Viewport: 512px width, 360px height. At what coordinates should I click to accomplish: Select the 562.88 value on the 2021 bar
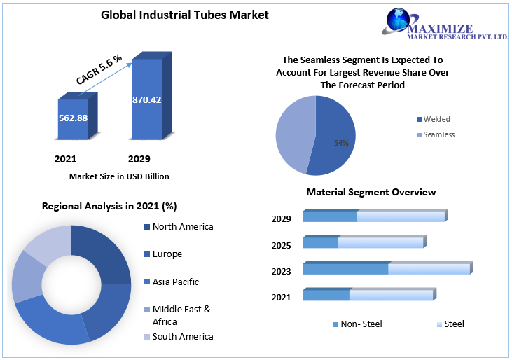[73, 118]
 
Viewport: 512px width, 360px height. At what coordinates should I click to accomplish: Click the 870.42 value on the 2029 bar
[147, 99]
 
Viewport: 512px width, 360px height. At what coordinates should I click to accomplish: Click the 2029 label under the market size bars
[139, 159]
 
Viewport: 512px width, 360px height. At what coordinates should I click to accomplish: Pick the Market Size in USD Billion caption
[119, 176]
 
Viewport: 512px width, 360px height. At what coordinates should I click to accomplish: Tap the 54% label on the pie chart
[341, 143]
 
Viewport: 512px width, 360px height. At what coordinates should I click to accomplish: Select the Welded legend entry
[436, 119]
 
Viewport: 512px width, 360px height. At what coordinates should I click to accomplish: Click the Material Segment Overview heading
[371, 192]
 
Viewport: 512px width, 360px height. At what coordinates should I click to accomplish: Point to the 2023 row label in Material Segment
[281, 271]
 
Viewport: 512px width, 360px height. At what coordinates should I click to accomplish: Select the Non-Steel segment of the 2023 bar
[345, 269]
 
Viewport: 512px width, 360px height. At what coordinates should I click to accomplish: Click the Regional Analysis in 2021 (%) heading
[109, 206]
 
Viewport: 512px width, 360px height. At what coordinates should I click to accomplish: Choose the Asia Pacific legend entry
[175, 282]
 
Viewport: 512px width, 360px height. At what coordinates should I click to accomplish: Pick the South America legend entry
[182, 336]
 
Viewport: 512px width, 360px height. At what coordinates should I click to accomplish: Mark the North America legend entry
[182, 226]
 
